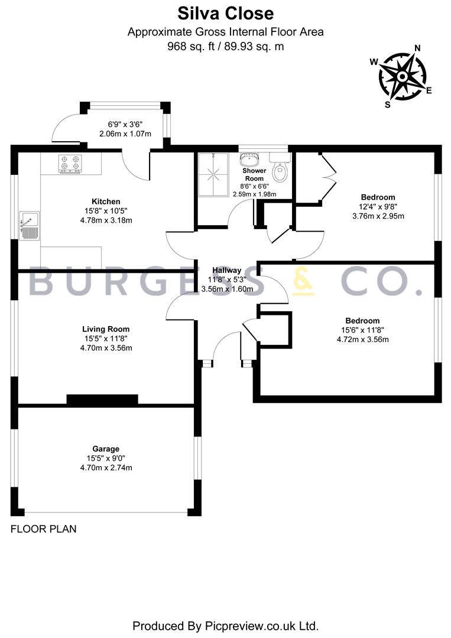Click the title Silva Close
tap(226, 14)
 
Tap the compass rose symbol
tap(402, 76)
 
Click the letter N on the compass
tap(417, 48)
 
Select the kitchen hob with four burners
tap(70, 164)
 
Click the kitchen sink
tap(30, 226)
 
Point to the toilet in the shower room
tap(280, 167)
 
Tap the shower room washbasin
tap(248, 158)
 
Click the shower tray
tap(214, 175)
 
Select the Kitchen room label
tap(106, 201)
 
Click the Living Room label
tap(106, 329)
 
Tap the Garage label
tap(106, 449)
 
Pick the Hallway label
tap(227, 270)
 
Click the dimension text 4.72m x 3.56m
tap(363, 339)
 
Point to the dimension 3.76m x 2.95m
tap(378, 216)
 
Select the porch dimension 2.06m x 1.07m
tap(125, 134)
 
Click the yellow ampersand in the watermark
tap(304, 281)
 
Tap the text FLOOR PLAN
tap(44, 529)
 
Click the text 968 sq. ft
tap(191, 47)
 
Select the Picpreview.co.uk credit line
tap(226, 626)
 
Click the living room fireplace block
tap(102, 399)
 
